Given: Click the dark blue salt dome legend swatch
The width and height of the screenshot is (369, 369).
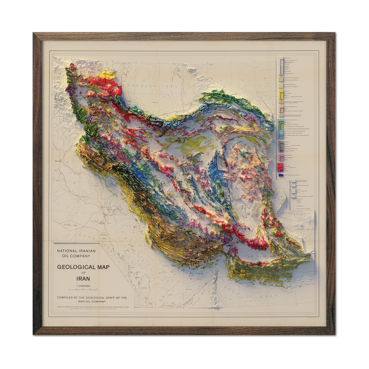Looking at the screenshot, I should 281,175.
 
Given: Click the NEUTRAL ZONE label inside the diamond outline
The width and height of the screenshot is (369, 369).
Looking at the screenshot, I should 69,225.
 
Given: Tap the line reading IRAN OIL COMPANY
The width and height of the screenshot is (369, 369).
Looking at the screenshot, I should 92,301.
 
